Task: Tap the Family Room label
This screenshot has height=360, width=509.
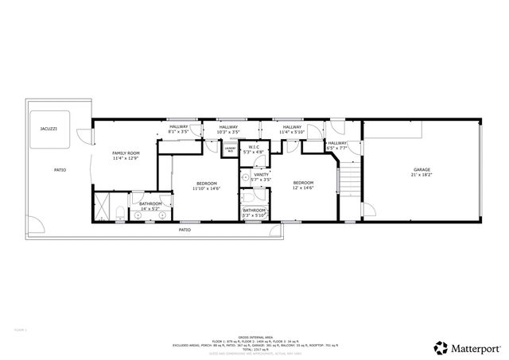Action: click(x=126, y=153)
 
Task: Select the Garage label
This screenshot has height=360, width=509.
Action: click(x=422, y=171)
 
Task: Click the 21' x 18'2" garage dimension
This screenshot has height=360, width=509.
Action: click(x=422, y=176)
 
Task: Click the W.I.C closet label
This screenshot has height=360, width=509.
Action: click(x=254, y=147)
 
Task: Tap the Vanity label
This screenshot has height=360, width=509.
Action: click(x=261, y=175)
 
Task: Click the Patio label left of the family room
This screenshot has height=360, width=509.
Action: click(x=60, y=170)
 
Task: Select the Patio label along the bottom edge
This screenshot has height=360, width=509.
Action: click(x=185, y=230)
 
